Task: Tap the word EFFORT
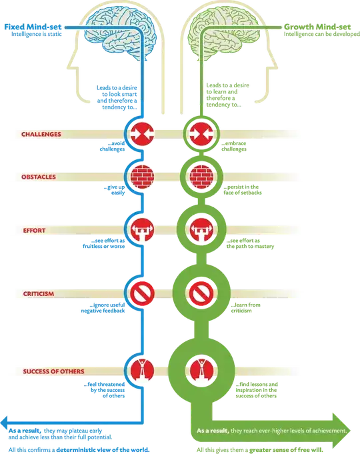pos(34,233)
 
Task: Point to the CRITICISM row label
pos(39,293)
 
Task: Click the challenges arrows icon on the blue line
pos(141,134)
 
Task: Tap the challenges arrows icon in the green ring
pos(199,134)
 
